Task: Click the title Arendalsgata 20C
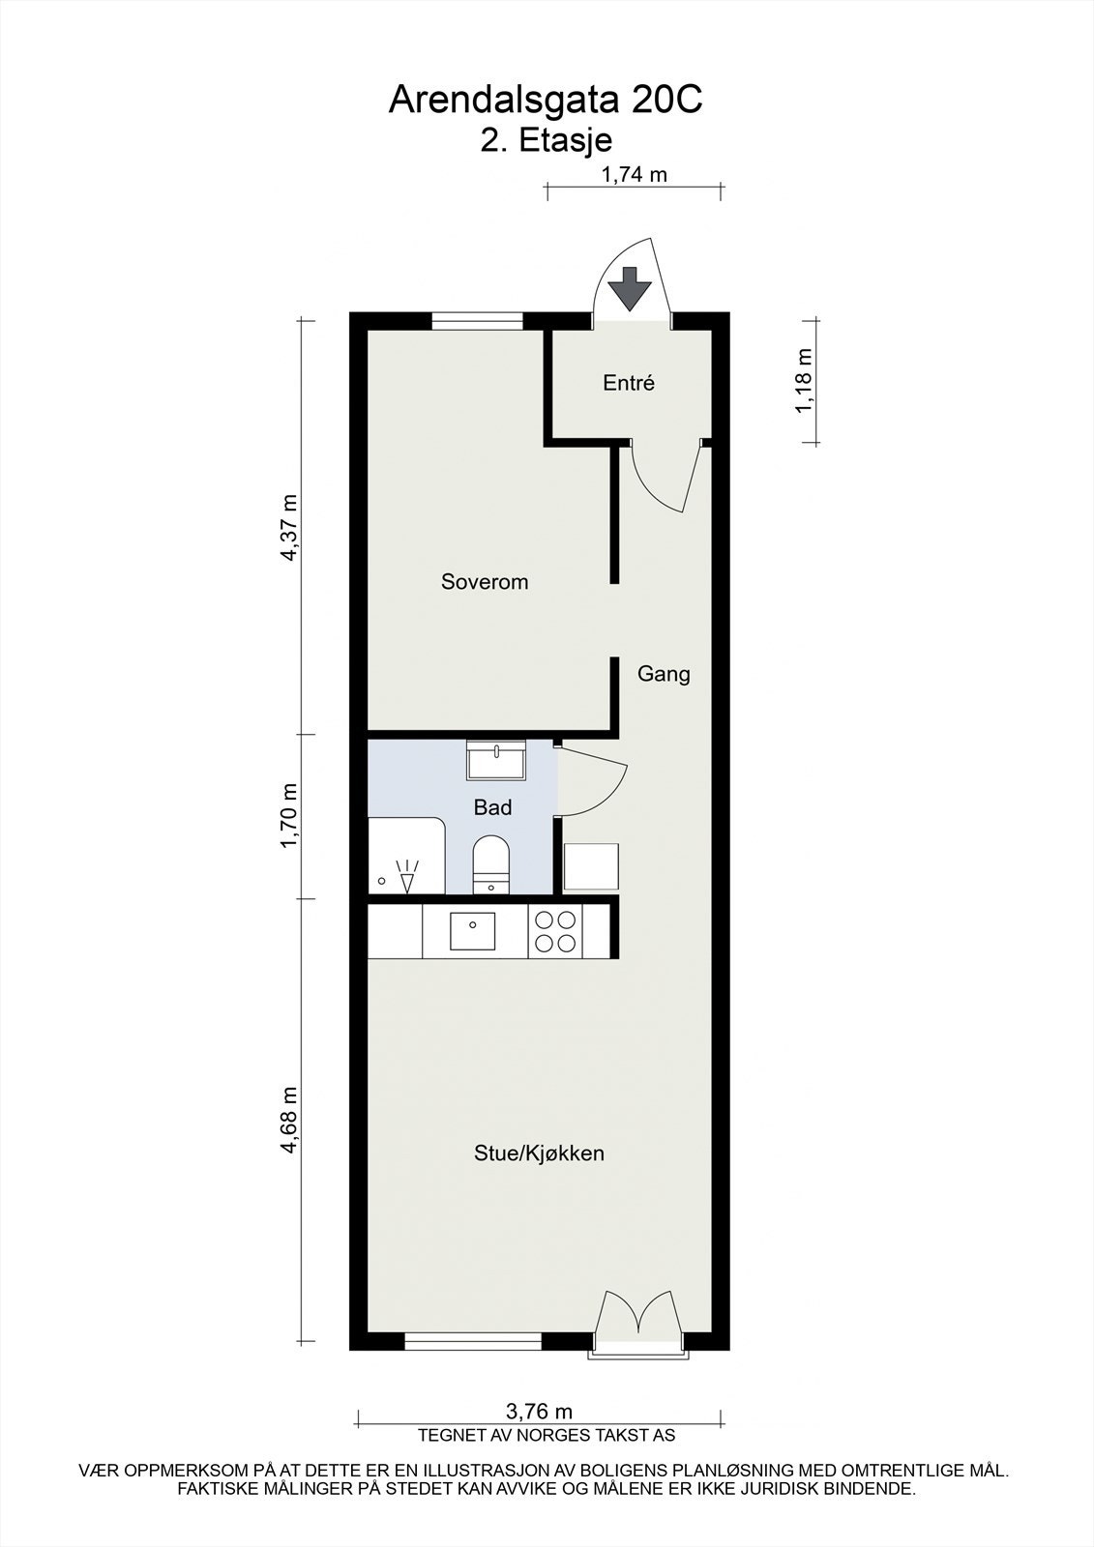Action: coord(546,100)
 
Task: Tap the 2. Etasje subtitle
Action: coord(547,140)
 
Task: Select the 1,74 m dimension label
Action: coord(635,175)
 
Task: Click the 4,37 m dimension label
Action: coord(288,527)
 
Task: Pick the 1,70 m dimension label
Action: coord(288,816)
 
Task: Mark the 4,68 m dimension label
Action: coord(288,1120)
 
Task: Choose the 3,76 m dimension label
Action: coord(540,1413)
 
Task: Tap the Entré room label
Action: coord(629,383)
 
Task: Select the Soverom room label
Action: coord(485,582)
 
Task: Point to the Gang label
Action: coord(664,674)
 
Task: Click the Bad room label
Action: coord(492,807)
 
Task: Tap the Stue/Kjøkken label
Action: coord(539,1153)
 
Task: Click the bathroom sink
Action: coord(495,760)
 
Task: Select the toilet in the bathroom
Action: coord(490,863)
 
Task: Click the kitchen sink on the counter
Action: coord(472,931)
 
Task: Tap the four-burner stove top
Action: coord(555,931)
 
